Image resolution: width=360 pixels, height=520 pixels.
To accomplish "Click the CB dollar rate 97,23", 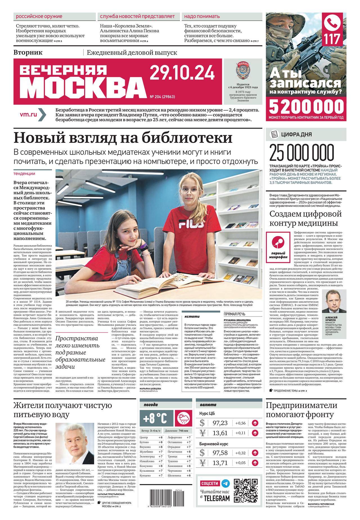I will (221, 422).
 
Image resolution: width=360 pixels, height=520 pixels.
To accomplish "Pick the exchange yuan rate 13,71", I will (221, 463).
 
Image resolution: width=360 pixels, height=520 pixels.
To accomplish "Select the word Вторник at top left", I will (28, 52).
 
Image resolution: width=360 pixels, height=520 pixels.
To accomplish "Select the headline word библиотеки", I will (186, 138).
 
